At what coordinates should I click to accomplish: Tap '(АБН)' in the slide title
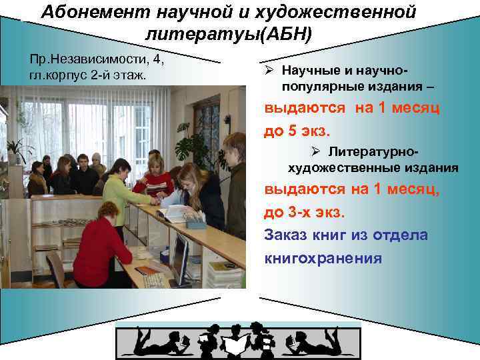[x=287, y=34]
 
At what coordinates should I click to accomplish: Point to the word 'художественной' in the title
[x=349, y=12]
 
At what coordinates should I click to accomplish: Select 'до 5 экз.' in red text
[x=297, y=131]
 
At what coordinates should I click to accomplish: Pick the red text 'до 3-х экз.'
[x=304, y=213]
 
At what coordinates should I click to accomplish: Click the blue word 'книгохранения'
[x=323, y=258]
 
